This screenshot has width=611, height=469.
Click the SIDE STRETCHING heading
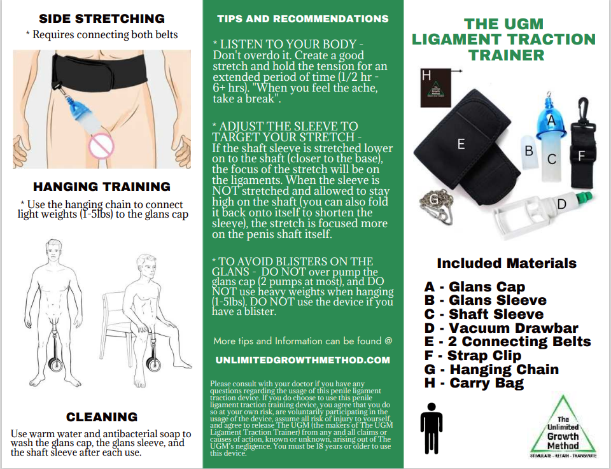point(102,18)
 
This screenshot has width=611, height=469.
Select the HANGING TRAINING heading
point(102,186)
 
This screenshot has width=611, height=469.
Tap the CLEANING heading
point(102,417)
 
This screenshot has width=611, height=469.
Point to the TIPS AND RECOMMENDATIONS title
point(302,18)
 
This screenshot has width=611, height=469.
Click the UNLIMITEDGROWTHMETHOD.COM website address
point(302,360)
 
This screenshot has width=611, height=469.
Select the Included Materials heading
point(507,263)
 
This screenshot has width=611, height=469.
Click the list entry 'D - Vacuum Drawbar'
point(501,328)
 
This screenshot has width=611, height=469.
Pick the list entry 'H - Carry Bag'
point(474,383)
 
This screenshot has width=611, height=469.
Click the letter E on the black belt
point(461,144)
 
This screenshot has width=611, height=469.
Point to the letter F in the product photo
point(580,155)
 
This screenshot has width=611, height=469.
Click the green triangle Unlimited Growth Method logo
point(563,428)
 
